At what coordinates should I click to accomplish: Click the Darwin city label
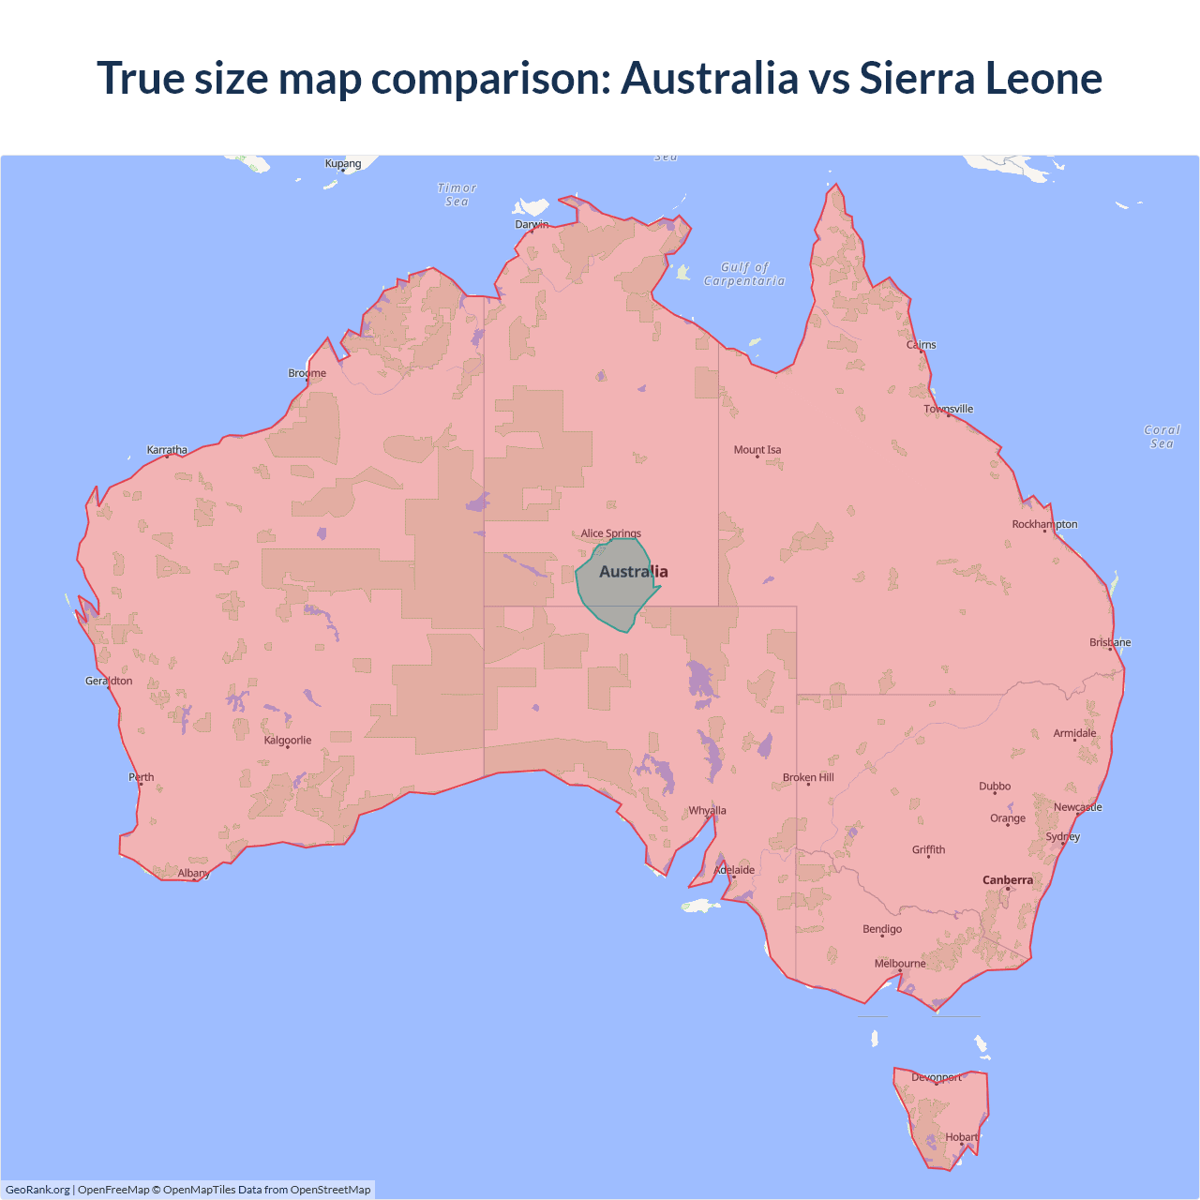(532, 224)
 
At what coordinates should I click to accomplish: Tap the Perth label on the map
(142, 777)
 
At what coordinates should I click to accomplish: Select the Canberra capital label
(1007, 880)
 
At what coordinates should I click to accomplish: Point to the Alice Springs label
(610, 533)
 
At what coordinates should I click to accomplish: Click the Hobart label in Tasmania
(961, 1137)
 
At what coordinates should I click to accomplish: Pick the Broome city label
(307, 373)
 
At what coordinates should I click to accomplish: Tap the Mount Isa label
(757, 450)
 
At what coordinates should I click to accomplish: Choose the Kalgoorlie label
(287, 741)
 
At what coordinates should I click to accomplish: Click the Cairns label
(921, 345)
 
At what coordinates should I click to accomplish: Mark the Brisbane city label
(1110, 642)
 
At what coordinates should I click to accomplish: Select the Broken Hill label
(808, 777)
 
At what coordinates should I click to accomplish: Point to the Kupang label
(343, 164)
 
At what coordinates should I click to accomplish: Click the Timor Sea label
(457, 195)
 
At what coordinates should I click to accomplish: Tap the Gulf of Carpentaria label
(744, 274)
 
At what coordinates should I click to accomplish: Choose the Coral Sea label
(1162, 437)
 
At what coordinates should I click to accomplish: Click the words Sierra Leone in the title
(980, 78)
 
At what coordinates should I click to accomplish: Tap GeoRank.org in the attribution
(37, 1190)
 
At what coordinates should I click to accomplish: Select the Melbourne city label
(900, 964)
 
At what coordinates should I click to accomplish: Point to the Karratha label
(167, 450)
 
